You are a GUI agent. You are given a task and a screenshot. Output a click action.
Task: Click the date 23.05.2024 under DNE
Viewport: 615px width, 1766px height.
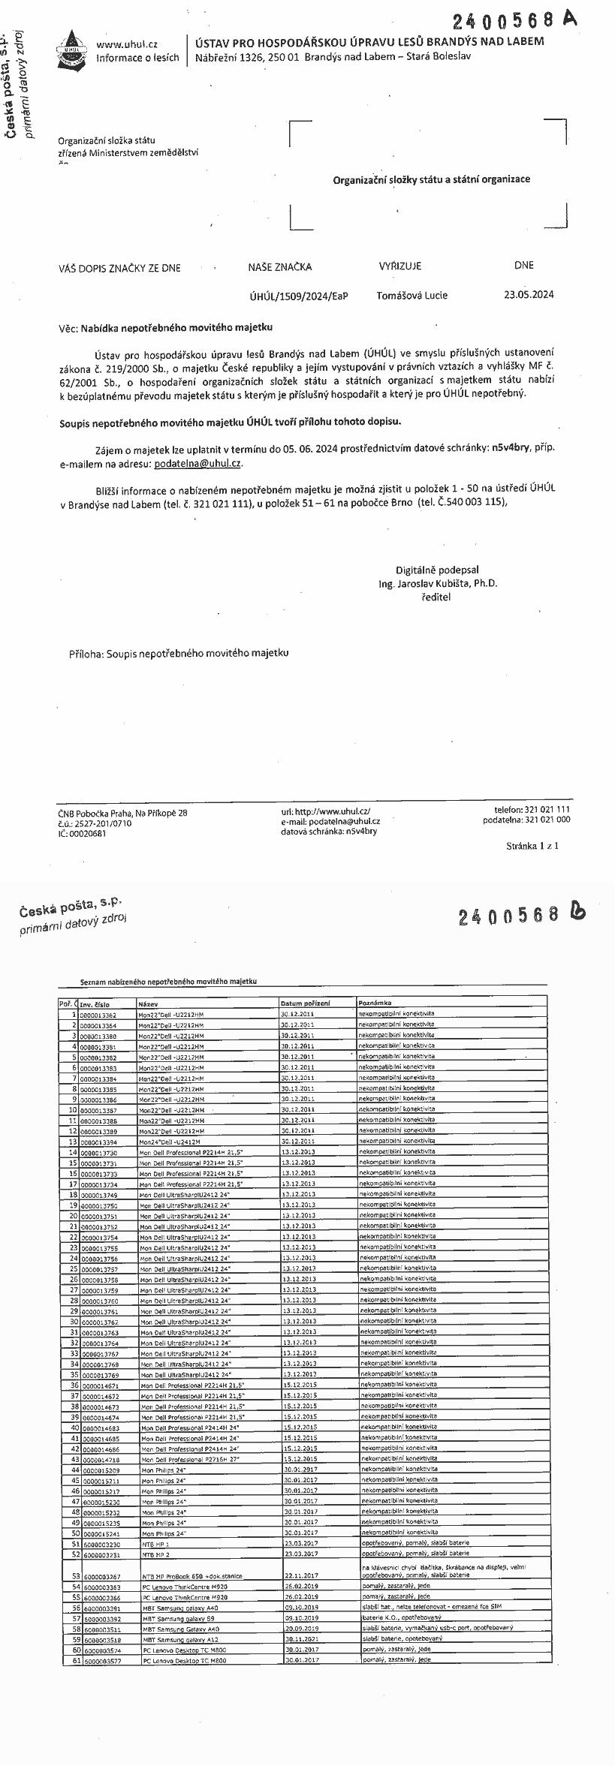[529, 294]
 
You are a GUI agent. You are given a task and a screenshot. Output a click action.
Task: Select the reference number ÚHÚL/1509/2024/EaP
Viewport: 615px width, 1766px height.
[299, 296]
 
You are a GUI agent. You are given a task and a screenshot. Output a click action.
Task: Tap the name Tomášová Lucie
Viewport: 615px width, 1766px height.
[412, 295]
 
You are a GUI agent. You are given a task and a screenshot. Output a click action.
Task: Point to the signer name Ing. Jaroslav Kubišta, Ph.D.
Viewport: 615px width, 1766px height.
[438, 583]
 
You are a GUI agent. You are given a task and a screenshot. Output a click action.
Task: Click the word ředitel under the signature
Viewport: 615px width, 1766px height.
[436, 597]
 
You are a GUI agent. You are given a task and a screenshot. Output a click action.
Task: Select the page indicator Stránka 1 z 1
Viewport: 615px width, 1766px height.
[532, 846]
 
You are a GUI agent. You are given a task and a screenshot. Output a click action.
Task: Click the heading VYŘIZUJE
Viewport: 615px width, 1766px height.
[400, 266]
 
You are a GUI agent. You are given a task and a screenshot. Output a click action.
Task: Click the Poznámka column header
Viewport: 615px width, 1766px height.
[375, 1003]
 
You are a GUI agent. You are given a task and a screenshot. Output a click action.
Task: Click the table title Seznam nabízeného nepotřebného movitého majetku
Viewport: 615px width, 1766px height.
[168, 982]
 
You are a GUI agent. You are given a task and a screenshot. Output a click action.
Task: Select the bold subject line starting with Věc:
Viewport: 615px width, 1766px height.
[166, 327]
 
